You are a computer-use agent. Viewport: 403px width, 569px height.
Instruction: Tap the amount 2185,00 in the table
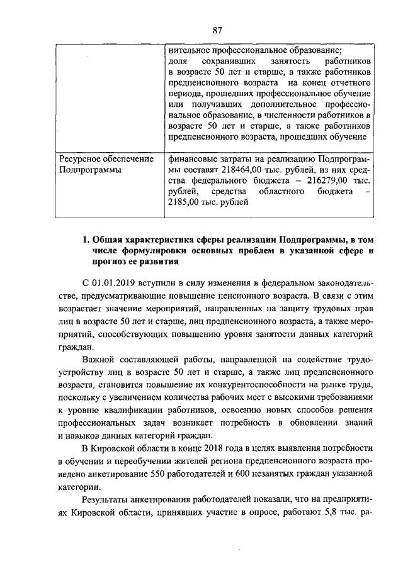(x=187, y=202)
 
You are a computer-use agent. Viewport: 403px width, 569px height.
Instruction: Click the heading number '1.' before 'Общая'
(x=87, y=240)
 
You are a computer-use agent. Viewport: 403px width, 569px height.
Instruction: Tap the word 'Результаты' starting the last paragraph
(x=108, y=500)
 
